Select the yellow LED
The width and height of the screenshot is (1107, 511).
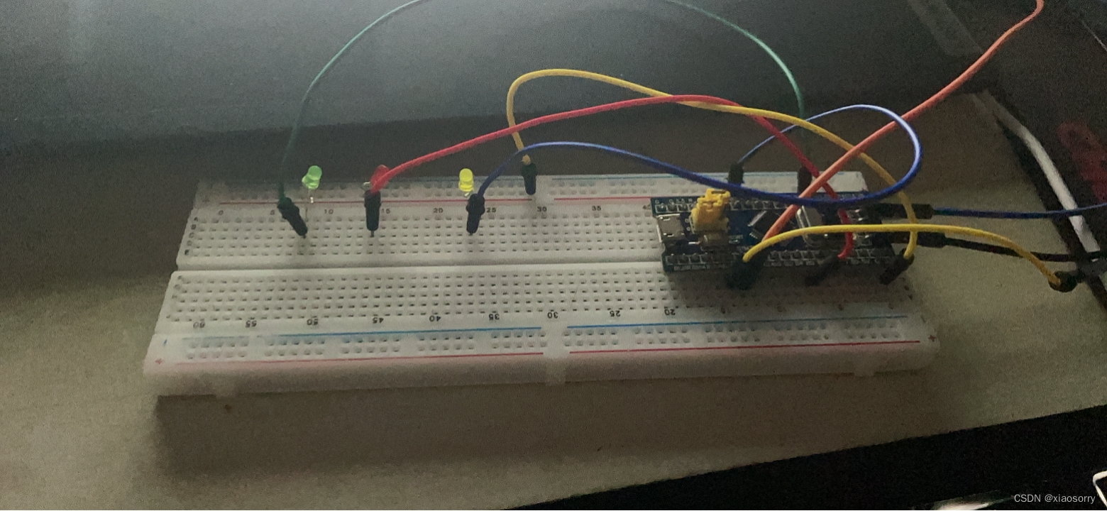(x=466, y=180)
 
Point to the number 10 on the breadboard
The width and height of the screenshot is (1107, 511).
(x=328, y=211)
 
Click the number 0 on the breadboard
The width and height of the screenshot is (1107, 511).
(x=221, y=211)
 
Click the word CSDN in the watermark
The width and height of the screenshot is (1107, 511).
(x=1026, y=498)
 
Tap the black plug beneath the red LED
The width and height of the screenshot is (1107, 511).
(x=371, y=212)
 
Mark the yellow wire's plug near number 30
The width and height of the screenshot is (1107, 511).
(x=529, y=177)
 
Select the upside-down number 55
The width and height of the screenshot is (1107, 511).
(x=251, y=322)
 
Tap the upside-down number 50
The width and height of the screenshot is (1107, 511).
(x=312, y=321)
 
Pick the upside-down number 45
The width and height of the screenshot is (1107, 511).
(x=375, y=319)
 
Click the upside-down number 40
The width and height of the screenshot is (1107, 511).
(x=434, y=318)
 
